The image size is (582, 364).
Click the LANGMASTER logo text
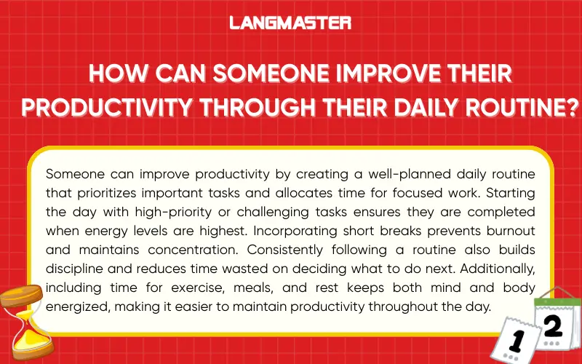click(x=290, y=23)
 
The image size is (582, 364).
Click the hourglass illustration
click(x=22, y=321)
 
